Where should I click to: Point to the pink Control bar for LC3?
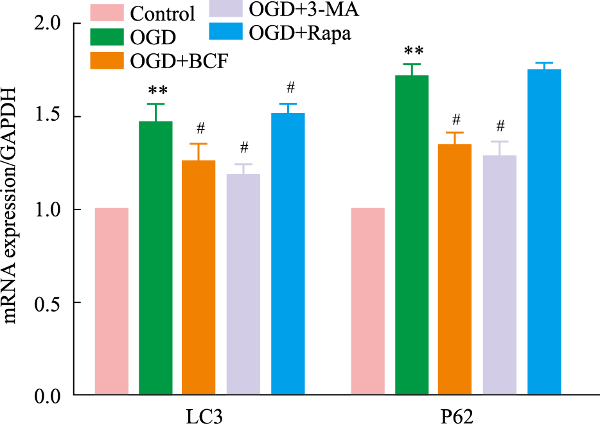(x=112, y=301)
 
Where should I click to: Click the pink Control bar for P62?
(x=367, y=301)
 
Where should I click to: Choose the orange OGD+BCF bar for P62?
(x=455, y=270)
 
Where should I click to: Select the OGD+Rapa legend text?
(x=301, y=33)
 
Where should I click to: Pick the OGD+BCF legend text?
(x=180, y=60)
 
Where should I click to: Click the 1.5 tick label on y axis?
(x=48, y=116)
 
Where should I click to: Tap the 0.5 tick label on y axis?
(x=48, y=303)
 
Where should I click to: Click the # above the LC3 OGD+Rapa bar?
(x=290, y=87)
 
